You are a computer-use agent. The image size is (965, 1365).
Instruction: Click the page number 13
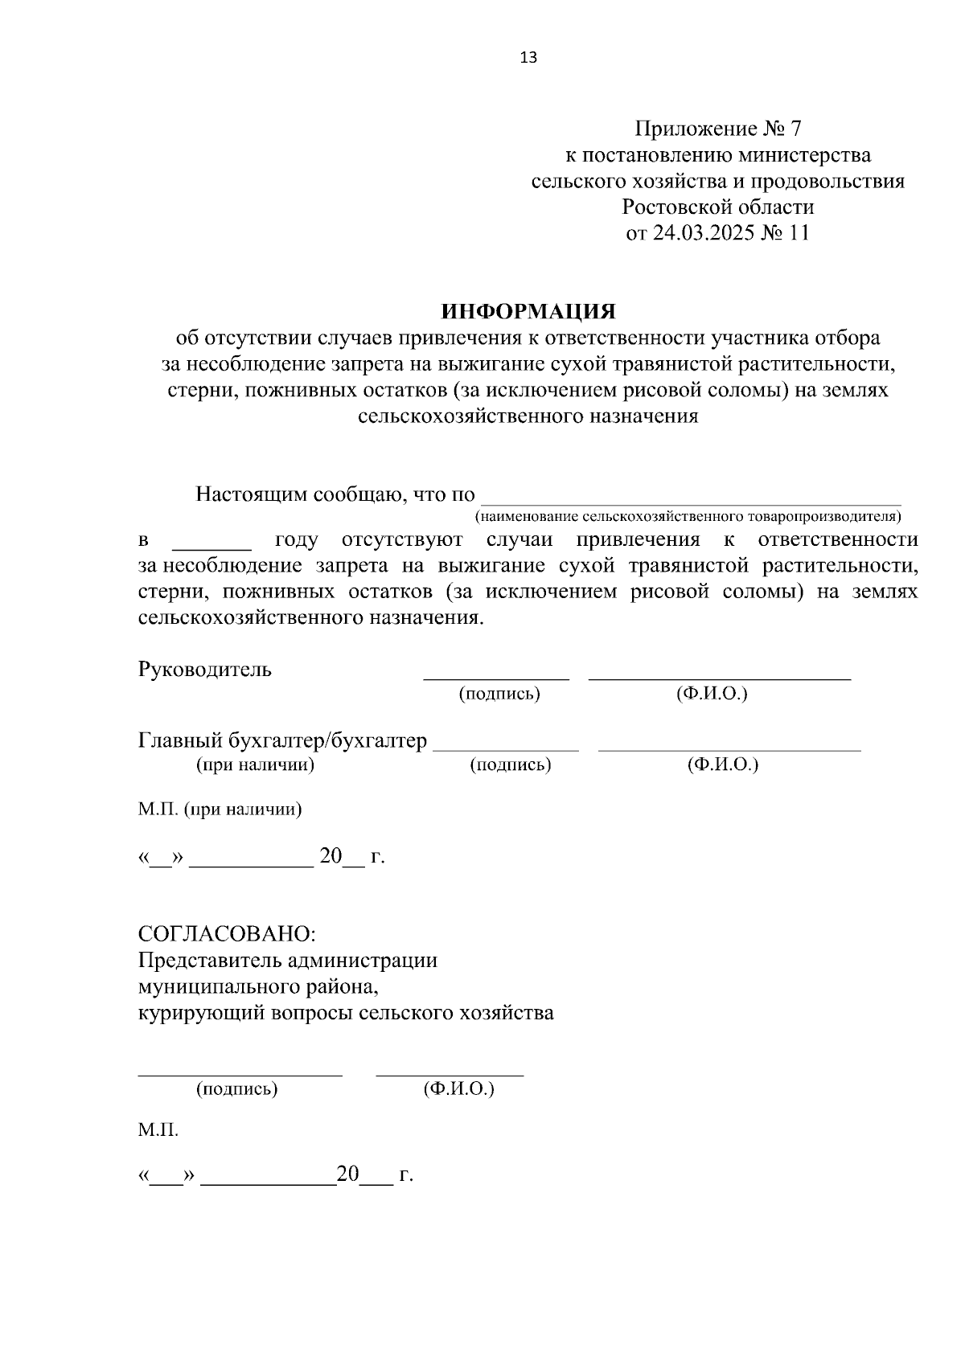(x=528, y=58)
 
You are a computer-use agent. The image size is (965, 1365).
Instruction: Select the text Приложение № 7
(x=718, y=129)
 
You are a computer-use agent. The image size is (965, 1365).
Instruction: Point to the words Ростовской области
(x=718, y=207)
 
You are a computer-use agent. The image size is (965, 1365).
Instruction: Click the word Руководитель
(x=205, y=669)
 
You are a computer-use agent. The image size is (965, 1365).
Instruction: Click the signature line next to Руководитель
(x=496, y=678)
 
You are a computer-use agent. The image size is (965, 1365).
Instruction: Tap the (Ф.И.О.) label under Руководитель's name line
(x=712, y=694)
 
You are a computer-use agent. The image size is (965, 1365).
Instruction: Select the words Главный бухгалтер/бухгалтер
(x=282, y=740)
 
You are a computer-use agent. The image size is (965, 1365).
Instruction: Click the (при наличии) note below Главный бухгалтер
(x=255, y=764)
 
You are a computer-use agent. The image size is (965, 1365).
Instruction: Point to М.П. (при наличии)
(x=220, y=809)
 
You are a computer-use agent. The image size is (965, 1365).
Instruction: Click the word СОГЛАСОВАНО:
(x=228, y=934)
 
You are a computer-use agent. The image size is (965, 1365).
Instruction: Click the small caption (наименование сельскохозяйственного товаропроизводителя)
(x=688, y=515)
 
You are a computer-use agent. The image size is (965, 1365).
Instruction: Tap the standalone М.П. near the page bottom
(x=158, y=1130)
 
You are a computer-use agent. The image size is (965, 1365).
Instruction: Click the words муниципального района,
(x=257, y=986)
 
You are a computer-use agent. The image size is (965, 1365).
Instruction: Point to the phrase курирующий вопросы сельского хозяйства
(x=346, y=1012)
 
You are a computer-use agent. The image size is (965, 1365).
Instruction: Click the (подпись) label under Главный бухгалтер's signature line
(x=510, y=764)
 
